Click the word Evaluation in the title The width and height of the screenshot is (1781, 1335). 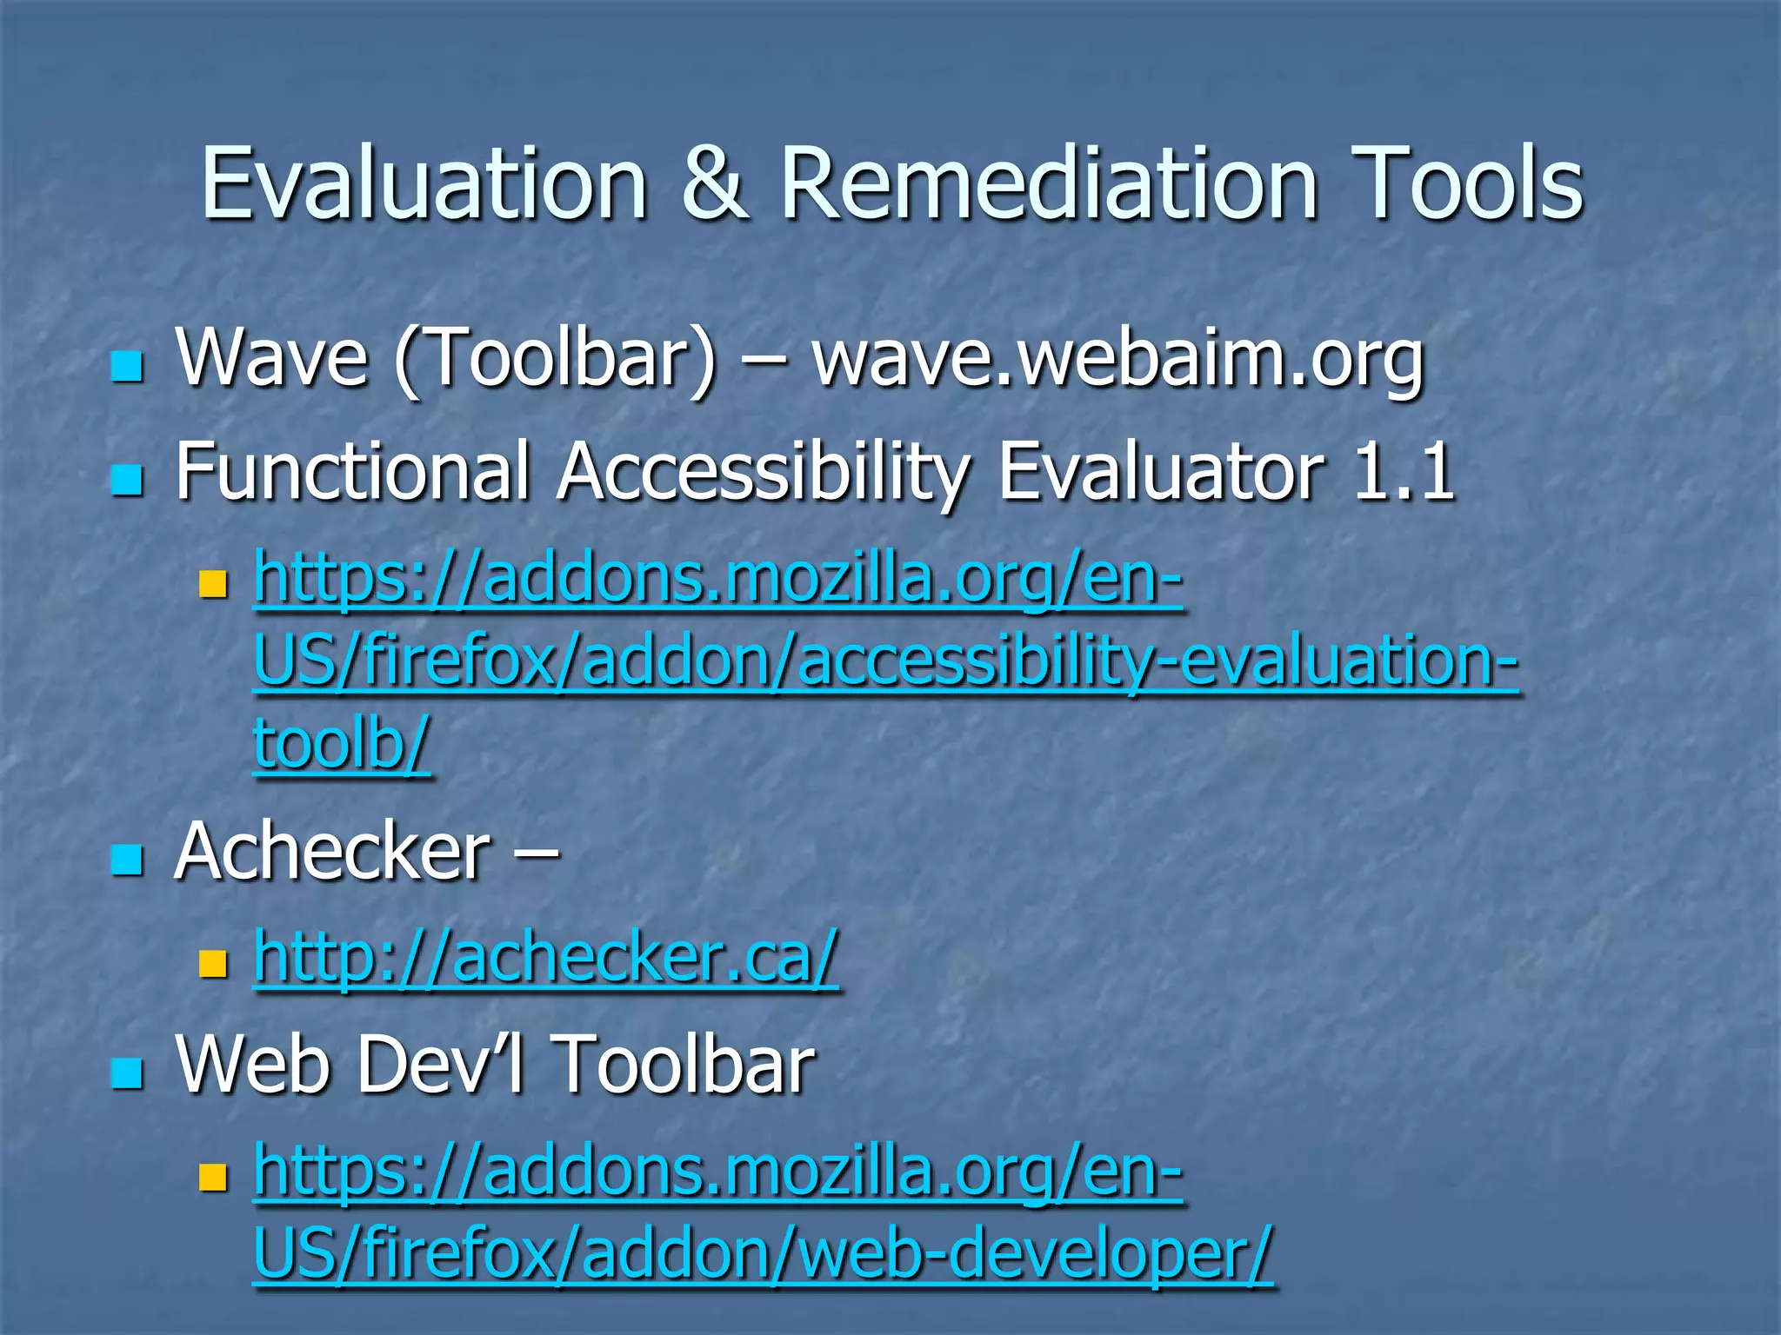[x=424, y=184]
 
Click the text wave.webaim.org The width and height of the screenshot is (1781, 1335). [x=1117, y=358]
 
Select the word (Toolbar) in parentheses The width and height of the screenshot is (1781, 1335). [x=555, y=358]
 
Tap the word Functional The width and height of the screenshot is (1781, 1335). [x=352, y=471]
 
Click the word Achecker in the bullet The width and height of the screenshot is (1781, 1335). [x=332, y=852]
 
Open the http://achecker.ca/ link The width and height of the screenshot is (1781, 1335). [x=545, y=958]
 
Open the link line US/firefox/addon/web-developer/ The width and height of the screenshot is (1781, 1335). [x=763, y=1252]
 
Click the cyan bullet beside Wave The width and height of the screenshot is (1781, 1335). [x=127, y=366]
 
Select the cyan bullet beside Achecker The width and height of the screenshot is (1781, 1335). [x=127, y=860]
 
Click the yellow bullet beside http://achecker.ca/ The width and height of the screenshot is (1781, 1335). [x=212, y=964]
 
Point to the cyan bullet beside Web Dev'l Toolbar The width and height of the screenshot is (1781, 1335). [x=127, y=1073]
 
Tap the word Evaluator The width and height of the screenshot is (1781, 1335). [x=1161, y=471]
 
